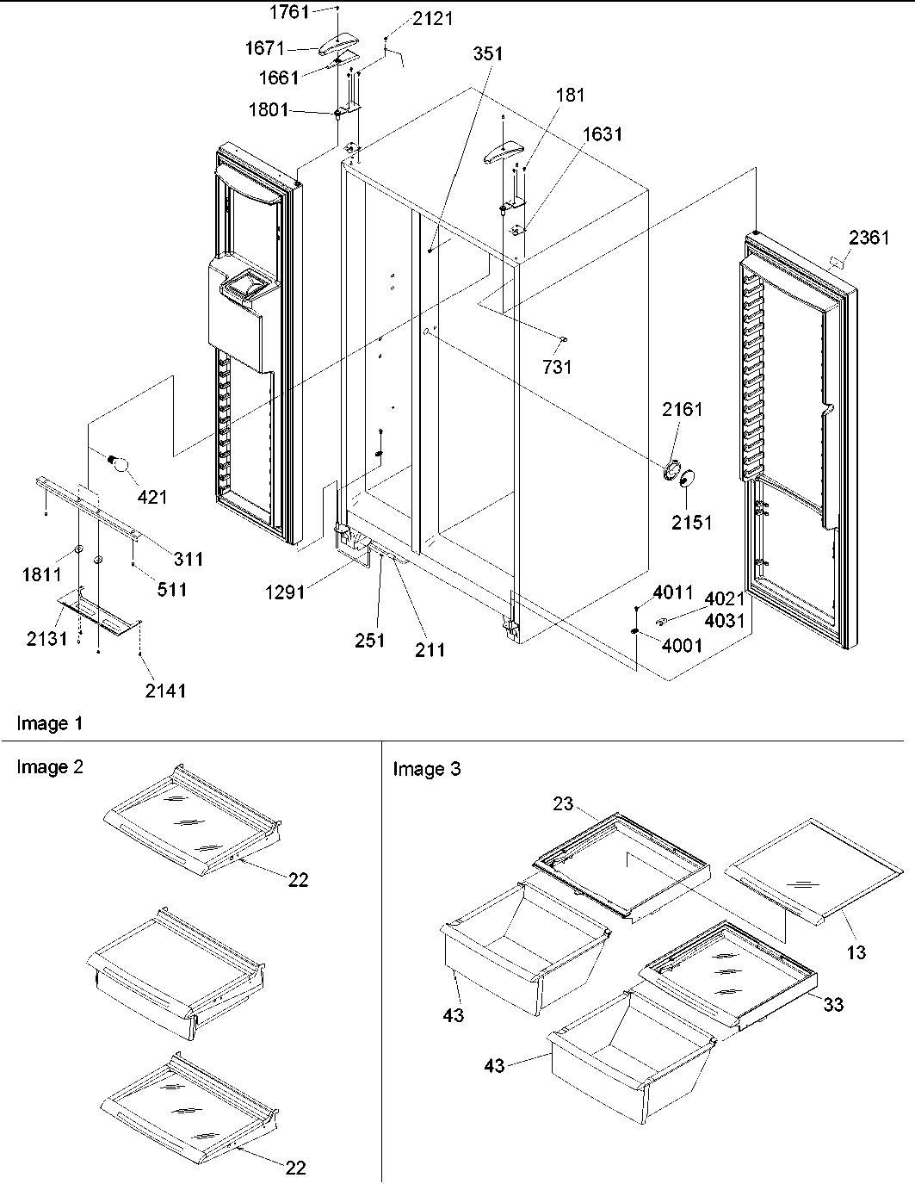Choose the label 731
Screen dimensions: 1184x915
click(557, 367)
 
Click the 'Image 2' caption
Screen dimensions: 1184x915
click(50, 767)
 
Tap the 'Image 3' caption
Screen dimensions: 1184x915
click(427, 769)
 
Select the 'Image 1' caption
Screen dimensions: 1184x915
click(50, 723)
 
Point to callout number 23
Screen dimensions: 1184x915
click(562, 803)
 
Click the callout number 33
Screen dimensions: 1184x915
click(833, 1004)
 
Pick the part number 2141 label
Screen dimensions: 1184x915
click(165, 690)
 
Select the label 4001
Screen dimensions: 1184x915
click(683, 645)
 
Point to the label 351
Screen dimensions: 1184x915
click(487, 53)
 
